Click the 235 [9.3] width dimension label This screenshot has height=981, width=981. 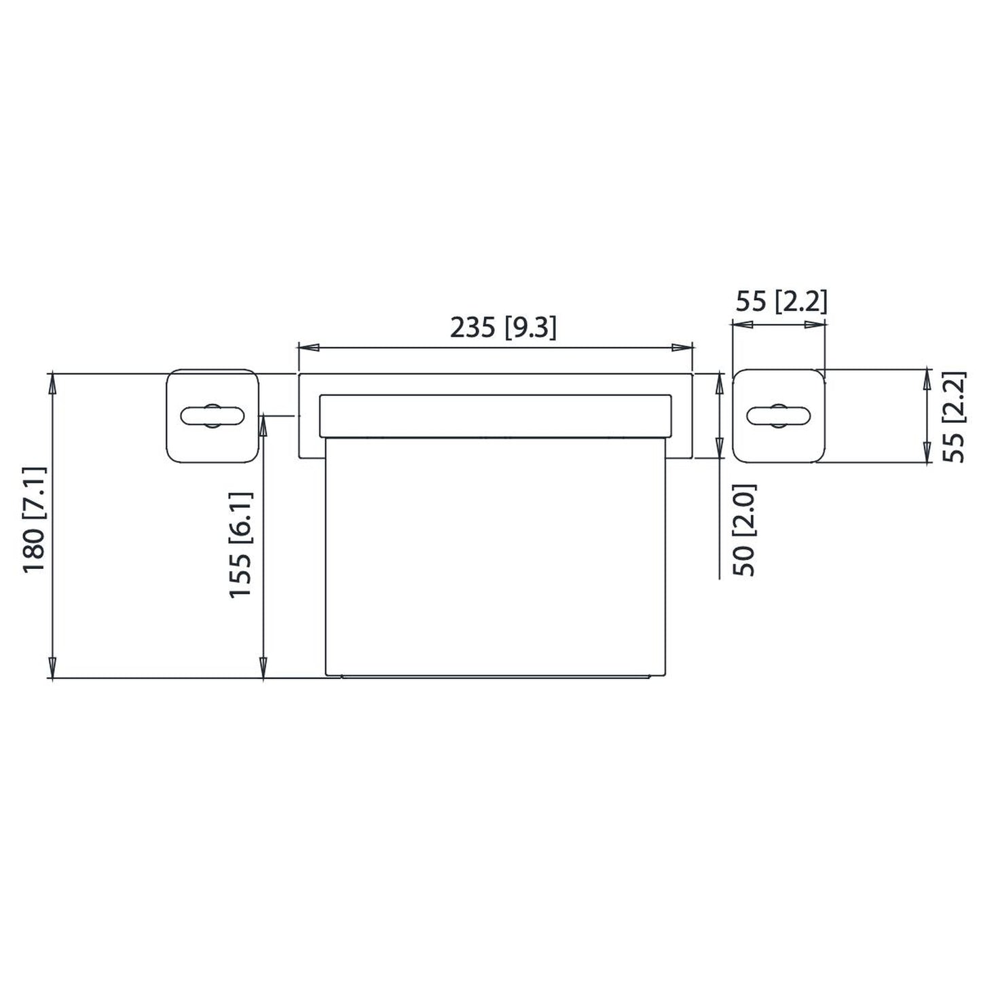pos(503,328)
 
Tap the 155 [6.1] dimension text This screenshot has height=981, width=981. pos(240,545)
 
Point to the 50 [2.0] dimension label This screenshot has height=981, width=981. pos(746,530)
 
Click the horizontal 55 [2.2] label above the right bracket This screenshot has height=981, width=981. pos(781,301)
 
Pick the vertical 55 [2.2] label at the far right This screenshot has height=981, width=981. pos(955,416)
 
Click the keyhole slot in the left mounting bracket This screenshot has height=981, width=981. pos(212,415)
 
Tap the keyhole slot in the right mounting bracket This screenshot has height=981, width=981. pos(779,415)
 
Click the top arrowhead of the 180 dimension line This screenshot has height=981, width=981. pos(52,382)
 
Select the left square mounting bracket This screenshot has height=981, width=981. pos(212,415)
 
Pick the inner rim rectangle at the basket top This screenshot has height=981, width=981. pos(496,415)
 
